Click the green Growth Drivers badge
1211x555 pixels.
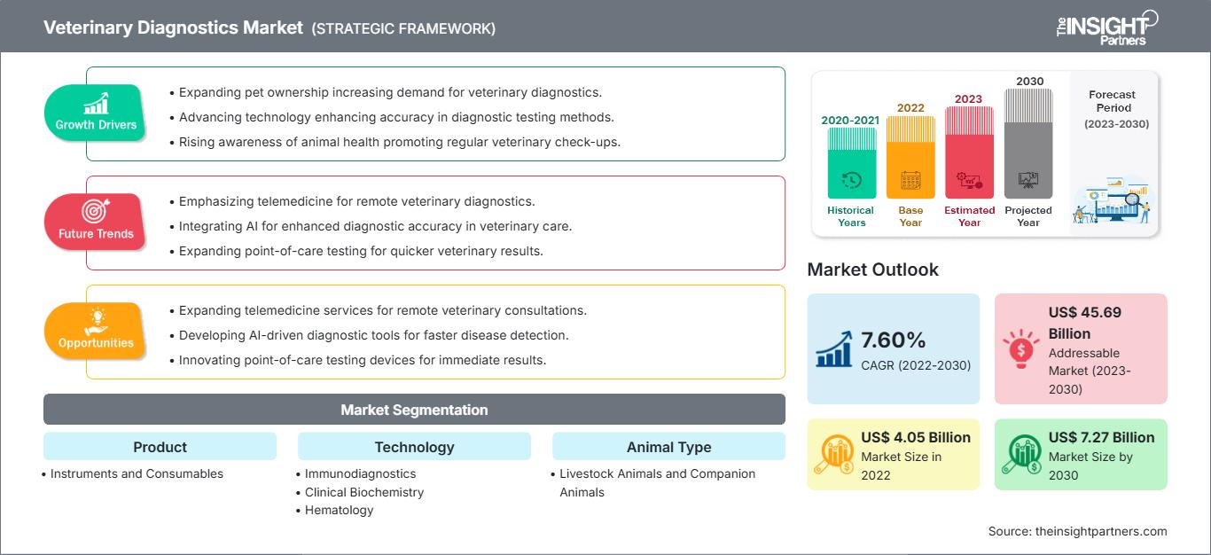[96, 113]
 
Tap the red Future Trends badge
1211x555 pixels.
[96, 222]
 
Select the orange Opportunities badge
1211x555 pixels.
[96, 331]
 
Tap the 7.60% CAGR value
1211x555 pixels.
[894, 340]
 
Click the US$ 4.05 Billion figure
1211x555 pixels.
[916, 437]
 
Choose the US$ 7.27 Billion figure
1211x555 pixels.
[1101, 437]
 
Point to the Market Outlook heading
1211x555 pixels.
[872, 270]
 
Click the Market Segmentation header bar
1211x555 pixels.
[414, 410]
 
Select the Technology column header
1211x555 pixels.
[414, 447]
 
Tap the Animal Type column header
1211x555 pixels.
[668, 447]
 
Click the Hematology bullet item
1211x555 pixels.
[339, 510]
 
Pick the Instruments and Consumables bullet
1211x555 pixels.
[137, 473]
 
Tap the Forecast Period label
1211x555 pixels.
[1112, 100]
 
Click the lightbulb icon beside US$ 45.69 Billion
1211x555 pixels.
[1020, 348]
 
